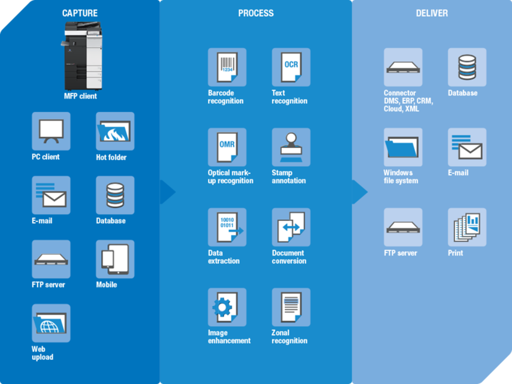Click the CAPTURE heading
pyautogui.click(x=80, y=13)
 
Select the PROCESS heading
pyautogui.click(x=256, y=13)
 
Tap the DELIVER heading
pyautogui.click(x=432, y=13)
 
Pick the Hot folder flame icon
pyautogui.click(x=115, y=132)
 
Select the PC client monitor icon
pyautogui.click(x=51, y=132)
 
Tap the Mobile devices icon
pyautogui.click(x=115, y=259)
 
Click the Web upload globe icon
pyautogui.click(x=51, y=323)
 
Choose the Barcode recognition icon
pyautogui.click(x=227, y=67)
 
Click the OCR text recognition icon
pyautogui.click(x=291, y=67)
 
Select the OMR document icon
pyautogui.click(x=227, y=147)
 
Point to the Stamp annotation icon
pyautogui.click(x=291, y=147)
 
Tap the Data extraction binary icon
pyautogui.click(x=227, y=227)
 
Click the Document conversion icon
pyautogui.click(x=291, y=227)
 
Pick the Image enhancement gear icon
pyautogui.click(x=227, y=307)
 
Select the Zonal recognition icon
pyautogui.click(x=291, y=307)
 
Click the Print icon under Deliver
pyautogui.click(x=467, y=227)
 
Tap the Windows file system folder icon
pyautogui.click(x=403, y=147)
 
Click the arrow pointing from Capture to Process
pyautogui.click(x=168, y=192)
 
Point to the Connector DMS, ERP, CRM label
pyautogui.click(x=408, y=101)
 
